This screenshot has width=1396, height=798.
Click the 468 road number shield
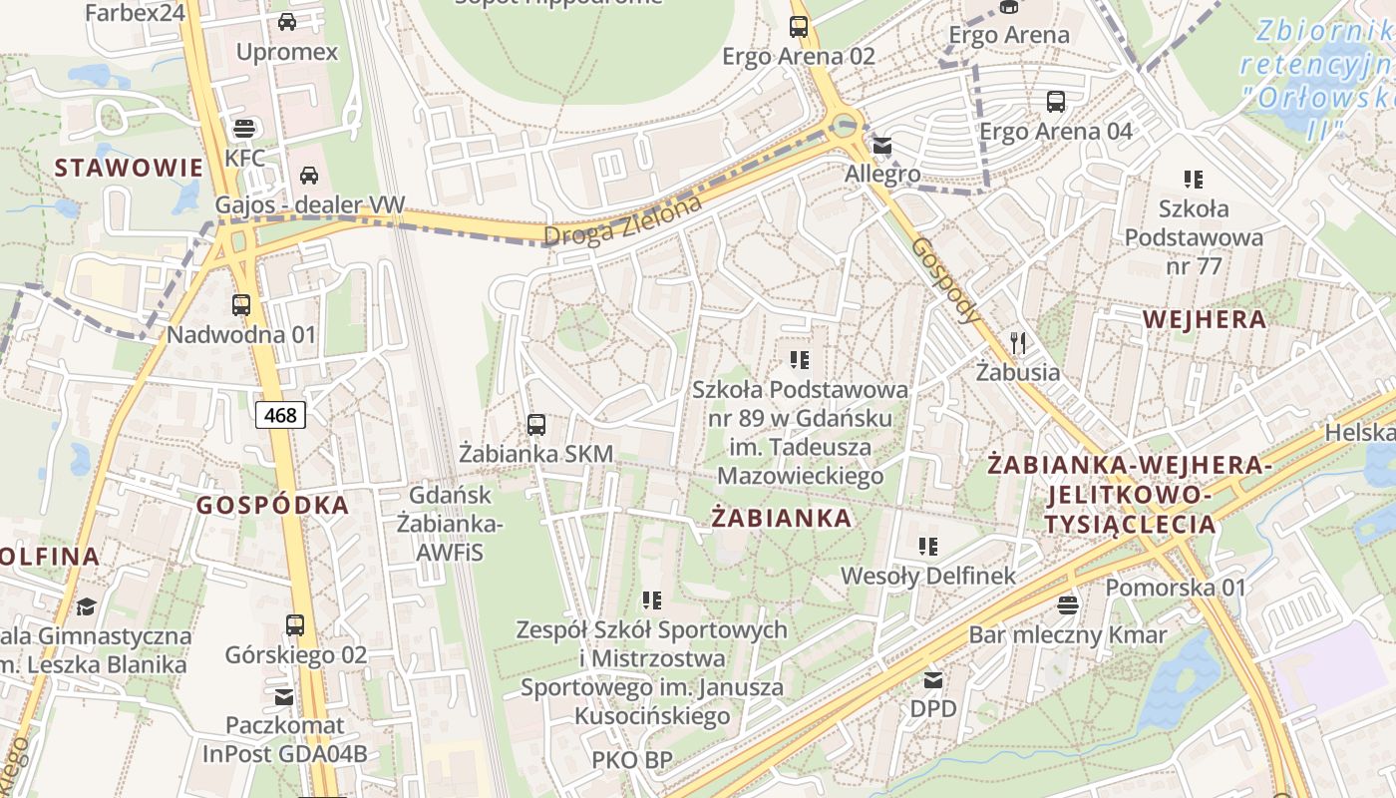pos(280,414)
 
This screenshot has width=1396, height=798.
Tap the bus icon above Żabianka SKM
pos(536,425)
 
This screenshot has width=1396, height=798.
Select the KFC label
pos(244,158)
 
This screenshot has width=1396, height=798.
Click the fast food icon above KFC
pos(243,128)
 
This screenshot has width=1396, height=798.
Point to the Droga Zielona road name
pos(623,220)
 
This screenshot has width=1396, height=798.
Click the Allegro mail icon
pos(882,147)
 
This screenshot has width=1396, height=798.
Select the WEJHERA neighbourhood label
pos(1205,319)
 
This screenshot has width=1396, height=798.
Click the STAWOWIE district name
pos(129,167)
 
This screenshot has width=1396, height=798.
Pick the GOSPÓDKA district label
pos(273,505)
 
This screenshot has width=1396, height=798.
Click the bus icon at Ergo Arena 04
pos(1056,102)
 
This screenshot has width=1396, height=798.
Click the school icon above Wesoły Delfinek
pos(928,547)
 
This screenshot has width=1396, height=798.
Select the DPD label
pos(933,708)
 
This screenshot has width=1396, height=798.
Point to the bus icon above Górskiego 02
pos(295,625)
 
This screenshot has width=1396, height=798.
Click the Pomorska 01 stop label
pos(1176,588)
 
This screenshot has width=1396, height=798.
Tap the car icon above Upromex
pos(287,22)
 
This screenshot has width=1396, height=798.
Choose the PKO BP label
pos(632,759)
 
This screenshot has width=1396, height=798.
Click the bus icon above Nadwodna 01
pos(241,305)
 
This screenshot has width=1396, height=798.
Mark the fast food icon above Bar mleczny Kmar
pos(1068,604)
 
